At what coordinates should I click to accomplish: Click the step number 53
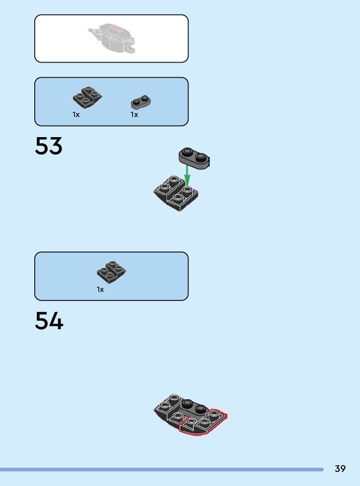(49, 146)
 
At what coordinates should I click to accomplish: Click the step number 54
(49, 321)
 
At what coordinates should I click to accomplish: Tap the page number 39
(340, 469)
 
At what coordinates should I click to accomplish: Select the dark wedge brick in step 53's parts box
(87, 97)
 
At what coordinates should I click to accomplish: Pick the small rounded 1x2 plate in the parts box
(142, 102)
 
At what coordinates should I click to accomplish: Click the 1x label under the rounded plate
(134, 114)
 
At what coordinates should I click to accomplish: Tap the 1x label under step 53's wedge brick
(76, 114)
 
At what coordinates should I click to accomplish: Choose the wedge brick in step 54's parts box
(111, 272)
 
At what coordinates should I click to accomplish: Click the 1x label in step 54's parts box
(100, 289)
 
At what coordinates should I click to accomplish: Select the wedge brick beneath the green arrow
(176, 194)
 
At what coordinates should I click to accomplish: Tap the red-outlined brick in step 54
(204, 422)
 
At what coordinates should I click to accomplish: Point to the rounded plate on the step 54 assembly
(194, 406)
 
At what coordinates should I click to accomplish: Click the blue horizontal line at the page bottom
(161, 469)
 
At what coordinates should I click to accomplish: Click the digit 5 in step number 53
(42, 146)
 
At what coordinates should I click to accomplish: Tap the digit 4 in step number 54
(56, 321)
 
